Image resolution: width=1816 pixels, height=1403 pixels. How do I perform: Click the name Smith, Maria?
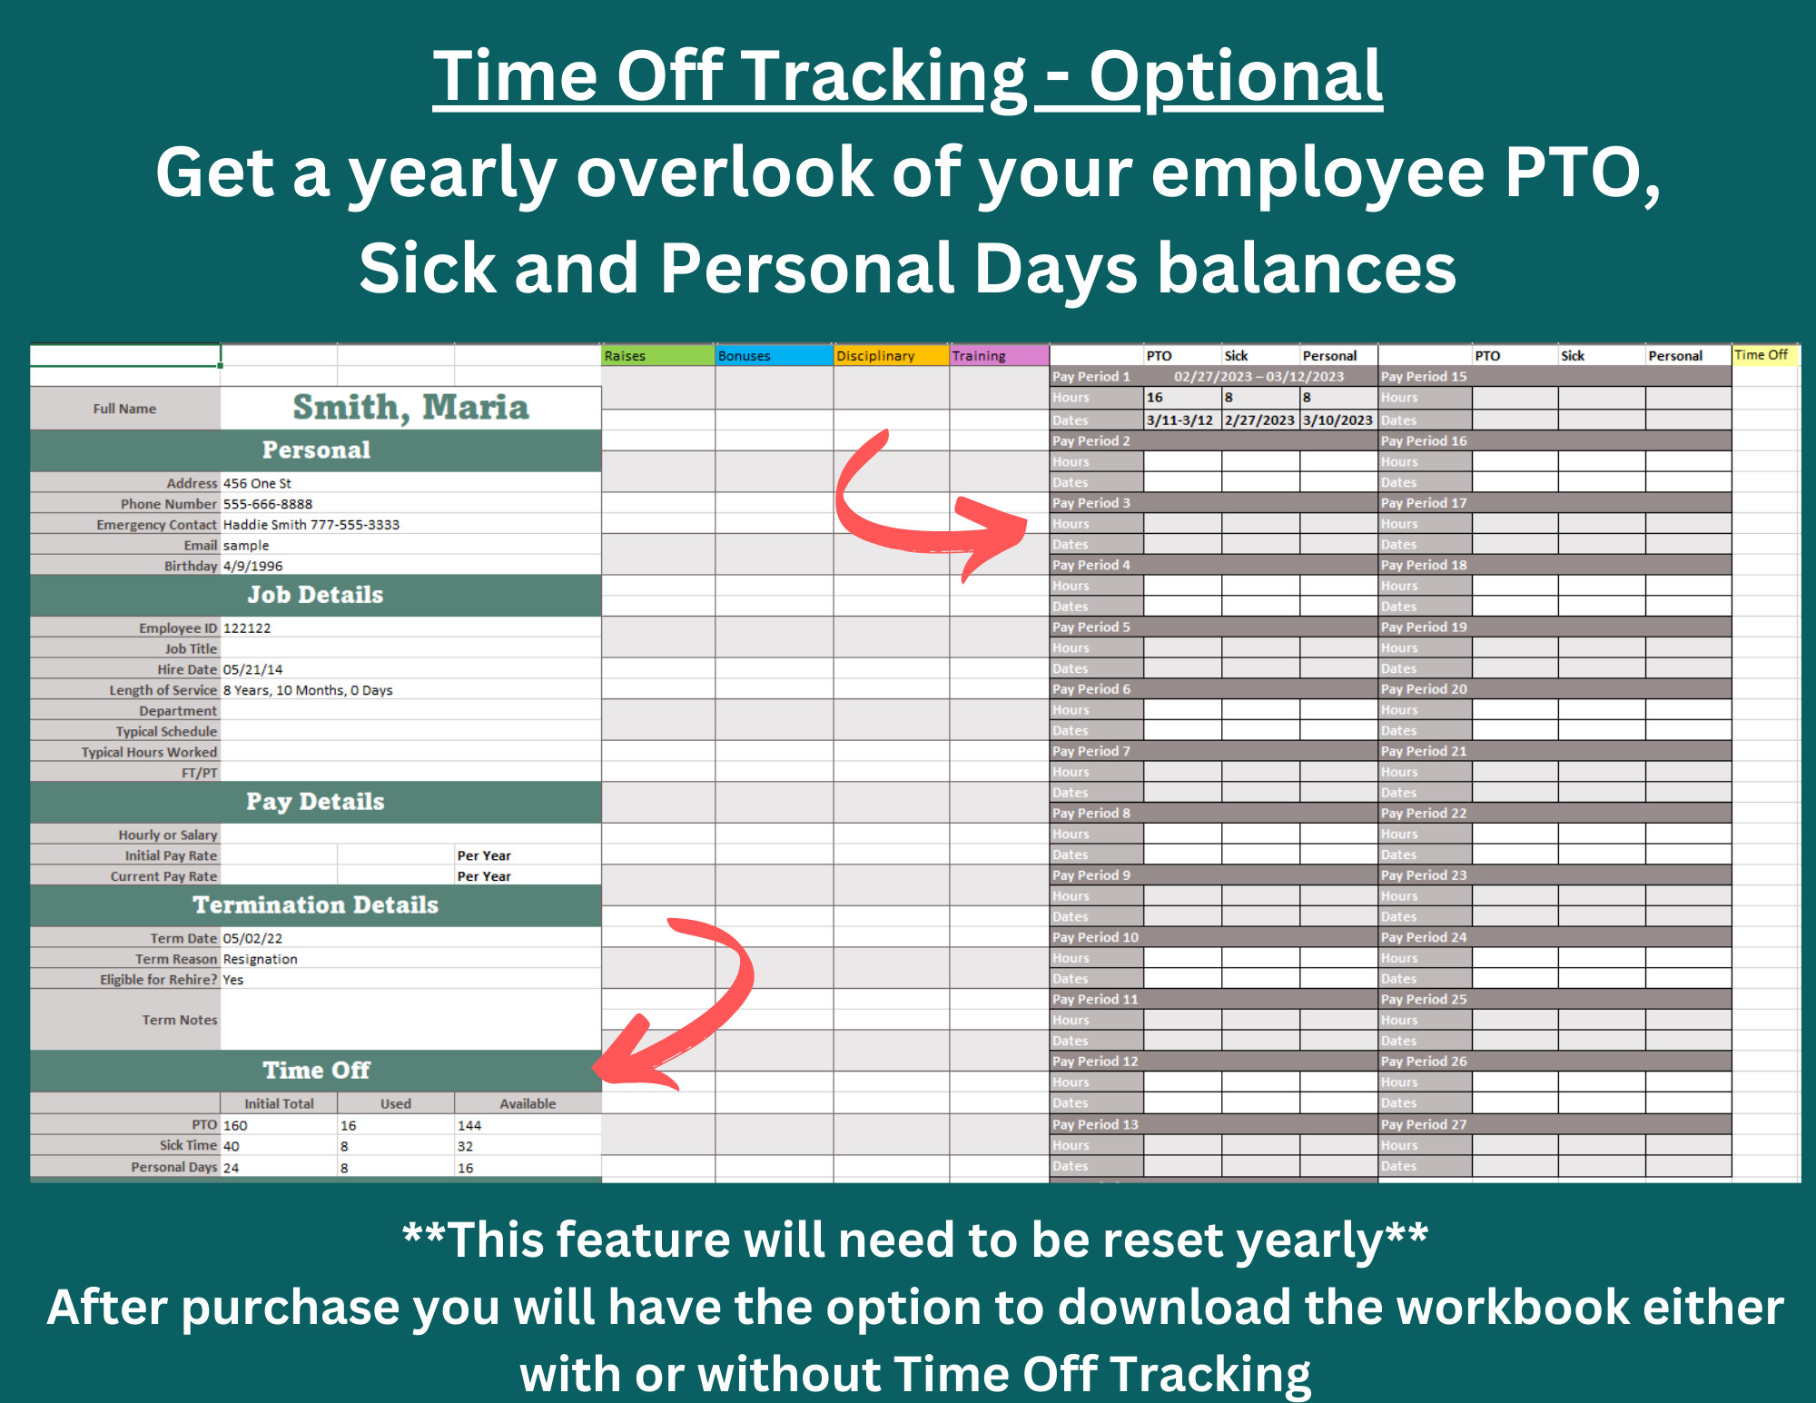(410, 408)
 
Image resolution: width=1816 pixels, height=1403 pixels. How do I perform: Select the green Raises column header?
(657, 356)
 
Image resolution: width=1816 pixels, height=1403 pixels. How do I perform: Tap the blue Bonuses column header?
(773, 356)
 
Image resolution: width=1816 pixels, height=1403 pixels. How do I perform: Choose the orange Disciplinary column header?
(890, 356)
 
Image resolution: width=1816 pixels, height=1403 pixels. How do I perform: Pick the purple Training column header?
(998, 356)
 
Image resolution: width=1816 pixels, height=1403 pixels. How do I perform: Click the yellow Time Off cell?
(1763, 355)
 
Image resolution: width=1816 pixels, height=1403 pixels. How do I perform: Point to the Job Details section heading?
(315, 595)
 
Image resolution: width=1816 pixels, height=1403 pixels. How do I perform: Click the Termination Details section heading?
(315, 905)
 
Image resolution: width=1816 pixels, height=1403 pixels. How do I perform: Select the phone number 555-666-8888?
(268, 504)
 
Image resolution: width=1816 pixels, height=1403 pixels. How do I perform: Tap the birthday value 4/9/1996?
(253, 566)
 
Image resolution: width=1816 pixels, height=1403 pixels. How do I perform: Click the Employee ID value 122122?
(247, 628)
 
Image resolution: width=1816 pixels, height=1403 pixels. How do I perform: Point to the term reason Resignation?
(261, 959)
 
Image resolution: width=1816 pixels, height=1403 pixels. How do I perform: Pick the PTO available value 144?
(469, 1125)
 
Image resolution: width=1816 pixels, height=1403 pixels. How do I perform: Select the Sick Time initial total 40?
(232, 1146)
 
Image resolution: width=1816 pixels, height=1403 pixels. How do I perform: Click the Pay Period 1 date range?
(1258, 377)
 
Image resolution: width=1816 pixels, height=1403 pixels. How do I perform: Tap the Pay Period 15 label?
(1423, 377)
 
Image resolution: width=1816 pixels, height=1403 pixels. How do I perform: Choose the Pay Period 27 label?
(1423, 1124)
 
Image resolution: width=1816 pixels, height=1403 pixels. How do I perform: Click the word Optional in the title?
(1235, 76)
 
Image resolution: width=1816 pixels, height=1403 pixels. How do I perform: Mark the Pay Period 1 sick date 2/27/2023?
(1259, 420)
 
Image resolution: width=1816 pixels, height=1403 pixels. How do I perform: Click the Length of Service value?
(308, 690)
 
